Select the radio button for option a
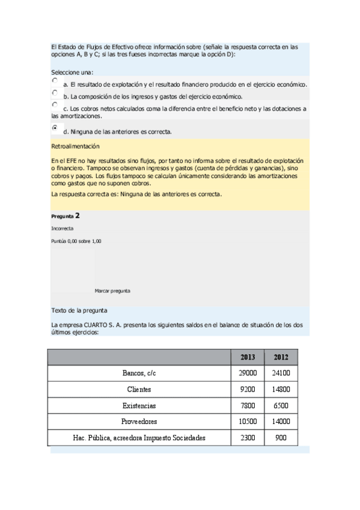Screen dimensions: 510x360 pyautogui.click(x=55, y=80)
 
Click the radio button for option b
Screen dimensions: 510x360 pyautogui.click(x=55, y=93)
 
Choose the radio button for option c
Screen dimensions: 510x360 pyautogui.click(x=55, y=105)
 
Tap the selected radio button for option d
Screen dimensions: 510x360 pyautogui.click(x=55, y=127)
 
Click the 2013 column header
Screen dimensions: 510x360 pyautogui.click(x=248, y=357)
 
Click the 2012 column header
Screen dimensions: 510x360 pyautogui.click(x=281, y=357)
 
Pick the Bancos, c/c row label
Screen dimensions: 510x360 pyautogui.click(x=139, y=373)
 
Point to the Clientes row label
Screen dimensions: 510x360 pyautogui.click(x=139, y=389)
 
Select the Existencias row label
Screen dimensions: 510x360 pyautogui.click(x=139, y=405)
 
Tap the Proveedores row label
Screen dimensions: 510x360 pyautogui.click(x=139, y=422)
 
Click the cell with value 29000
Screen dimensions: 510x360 pyautogui.click(x=248, y=373)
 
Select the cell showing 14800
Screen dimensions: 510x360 pyautogui.click(x=281, y=389)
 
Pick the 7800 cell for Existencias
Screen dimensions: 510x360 pyautogui.click(x=248, y=405)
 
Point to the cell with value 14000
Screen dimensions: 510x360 pyautogui.click(x=281, y=422)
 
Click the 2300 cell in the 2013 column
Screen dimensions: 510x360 pyautogui.click(x=248, y=438)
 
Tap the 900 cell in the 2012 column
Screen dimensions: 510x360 pyautogui.click(x=281, y=438)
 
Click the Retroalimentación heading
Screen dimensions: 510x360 pyautogui.click(x=75, y=146)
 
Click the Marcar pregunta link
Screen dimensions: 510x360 pyautogui.click(x=112, y=290)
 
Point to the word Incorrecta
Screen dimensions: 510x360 pyautogui.click(x=63, y=229)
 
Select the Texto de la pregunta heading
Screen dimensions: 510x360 pyautogui.click(x=79, y=310)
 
